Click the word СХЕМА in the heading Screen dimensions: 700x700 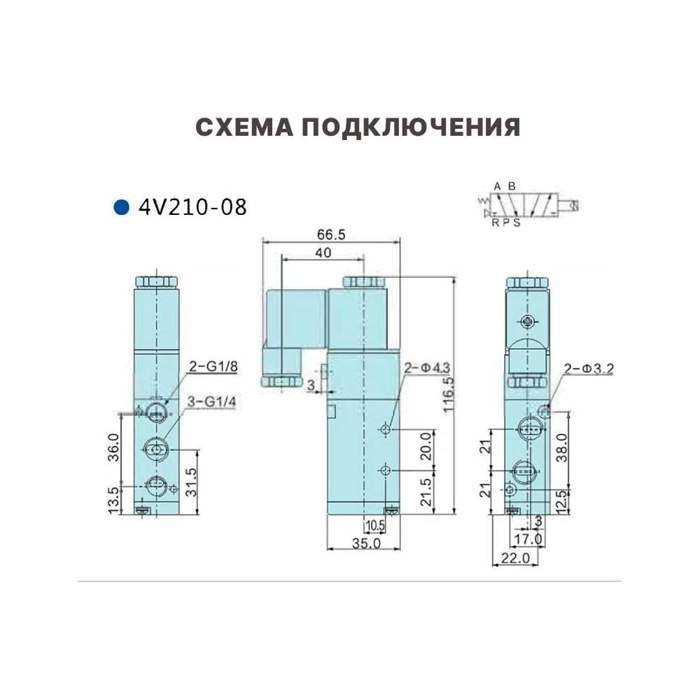tap(244, 127)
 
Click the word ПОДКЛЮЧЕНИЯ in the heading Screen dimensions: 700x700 tap(411, 127)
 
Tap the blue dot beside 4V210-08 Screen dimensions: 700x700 tap(121, 208)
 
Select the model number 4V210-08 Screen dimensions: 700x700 tap(193, 208)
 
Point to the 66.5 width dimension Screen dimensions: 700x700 tap(331, 234)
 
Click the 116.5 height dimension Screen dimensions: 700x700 tap(448, 394)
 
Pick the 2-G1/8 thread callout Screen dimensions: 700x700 tap(213, 367)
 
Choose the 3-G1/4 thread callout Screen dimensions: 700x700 tap(211, 402)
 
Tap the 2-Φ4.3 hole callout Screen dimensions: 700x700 tap(427, 368)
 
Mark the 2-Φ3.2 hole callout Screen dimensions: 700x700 tap(589, 369)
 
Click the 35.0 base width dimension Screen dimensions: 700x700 tap(367, 543)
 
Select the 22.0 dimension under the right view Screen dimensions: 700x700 tap(515, 558)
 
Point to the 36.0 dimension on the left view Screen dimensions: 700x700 tap(114, 447)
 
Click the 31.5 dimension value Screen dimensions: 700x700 tap(191, 482)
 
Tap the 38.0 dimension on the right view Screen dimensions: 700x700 tap(562, 448)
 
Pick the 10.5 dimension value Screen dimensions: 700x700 tap(375, 526)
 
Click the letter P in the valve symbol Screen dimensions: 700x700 tap(506, 223)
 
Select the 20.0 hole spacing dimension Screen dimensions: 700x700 tap(427, 447)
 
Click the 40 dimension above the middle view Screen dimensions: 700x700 tap(323, 253)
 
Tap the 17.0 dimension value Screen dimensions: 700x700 tap(528, 539)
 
